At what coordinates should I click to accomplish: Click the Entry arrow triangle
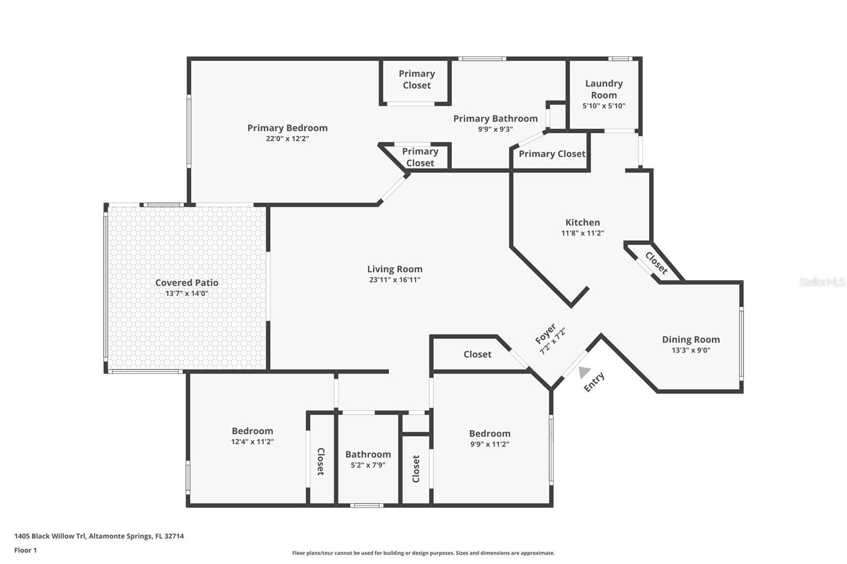click(584, 372)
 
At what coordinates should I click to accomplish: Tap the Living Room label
click(395, 269)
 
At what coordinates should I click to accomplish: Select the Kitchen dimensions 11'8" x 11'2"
click(582, 233)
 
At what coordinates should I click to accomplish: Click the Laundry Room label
click(603, 89)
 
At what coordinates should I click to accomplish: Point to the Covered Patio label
click(186, 283)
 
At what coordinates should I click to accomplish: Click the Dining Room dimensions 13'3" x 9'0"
click(691, 350)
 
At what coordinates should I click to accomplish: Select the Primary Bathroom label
click(495, 119)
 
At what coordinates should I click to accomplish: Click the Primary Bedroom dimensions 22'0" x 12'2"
click(287, 139)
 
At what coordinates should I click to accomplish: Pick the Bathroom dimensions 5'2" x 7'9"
click(368, 466)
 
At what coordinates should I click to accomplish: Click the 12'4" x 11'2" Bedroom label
click(252, 431)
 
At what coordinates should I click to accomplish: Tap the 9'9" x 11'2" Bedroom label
click(490, 434)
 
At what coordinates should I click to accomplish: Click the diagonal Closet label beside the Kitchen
click(656, 263)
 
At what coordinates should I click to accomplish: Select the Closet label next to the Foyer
click(477, 354)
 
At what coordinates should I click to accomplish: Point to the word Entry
click(594, 382)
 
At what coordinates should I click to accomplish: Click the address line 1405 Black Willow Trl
click(99, 536)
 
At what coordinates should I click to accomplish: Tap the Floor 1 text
click(25, 550)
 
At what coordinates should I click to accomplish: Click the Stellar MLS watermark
click(822, 282)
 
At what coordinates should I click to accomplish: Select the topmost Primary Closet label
click(417, 79)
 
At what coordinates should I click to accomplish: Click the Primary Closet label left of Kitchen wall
click(552, 154)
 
